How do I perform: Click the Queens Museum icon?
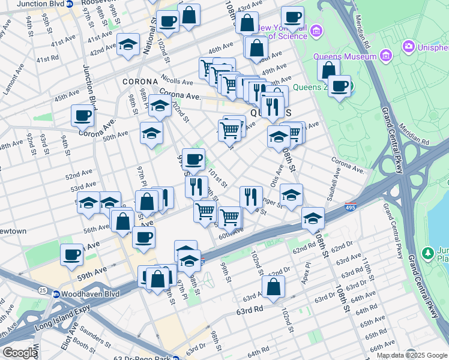[385, 57]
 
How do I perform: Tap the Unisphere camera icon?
[409, 46]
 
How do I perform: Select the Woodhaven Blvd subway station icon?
[56, 294]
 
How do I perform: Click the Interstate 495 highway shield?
[351, 208]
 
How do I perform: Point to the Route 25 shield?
[41, 291]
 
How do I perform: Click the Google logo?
[19, 353]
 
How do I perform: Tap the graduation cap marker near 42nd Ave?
[128, 45]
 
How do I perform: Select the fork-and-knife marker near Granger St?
[251, 196]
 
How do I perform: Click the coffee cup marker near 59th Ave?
[71, 254]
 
